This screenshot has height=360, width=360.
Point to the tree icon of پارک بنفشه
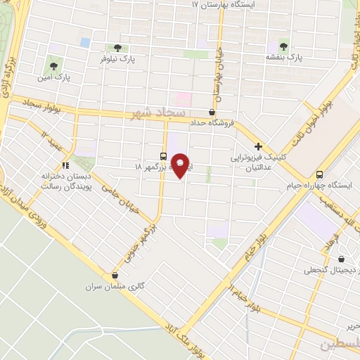click(284, 43)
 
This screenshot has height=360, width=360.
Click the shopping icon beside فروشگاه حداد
click(212, 111)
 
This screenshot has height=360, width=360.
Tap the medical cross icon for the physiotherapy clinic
click(259, 147)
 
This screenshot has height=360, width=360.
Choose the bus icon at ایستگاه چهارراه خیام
click(320, 174)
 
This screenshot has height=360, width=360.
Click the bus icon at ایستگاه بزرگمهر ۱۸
click(163, 156)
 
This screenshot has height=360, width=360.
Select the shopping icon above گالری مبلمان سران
click(115, 275)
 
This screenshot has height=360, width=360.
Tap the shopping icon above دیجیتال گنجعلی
click(342, 258)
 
